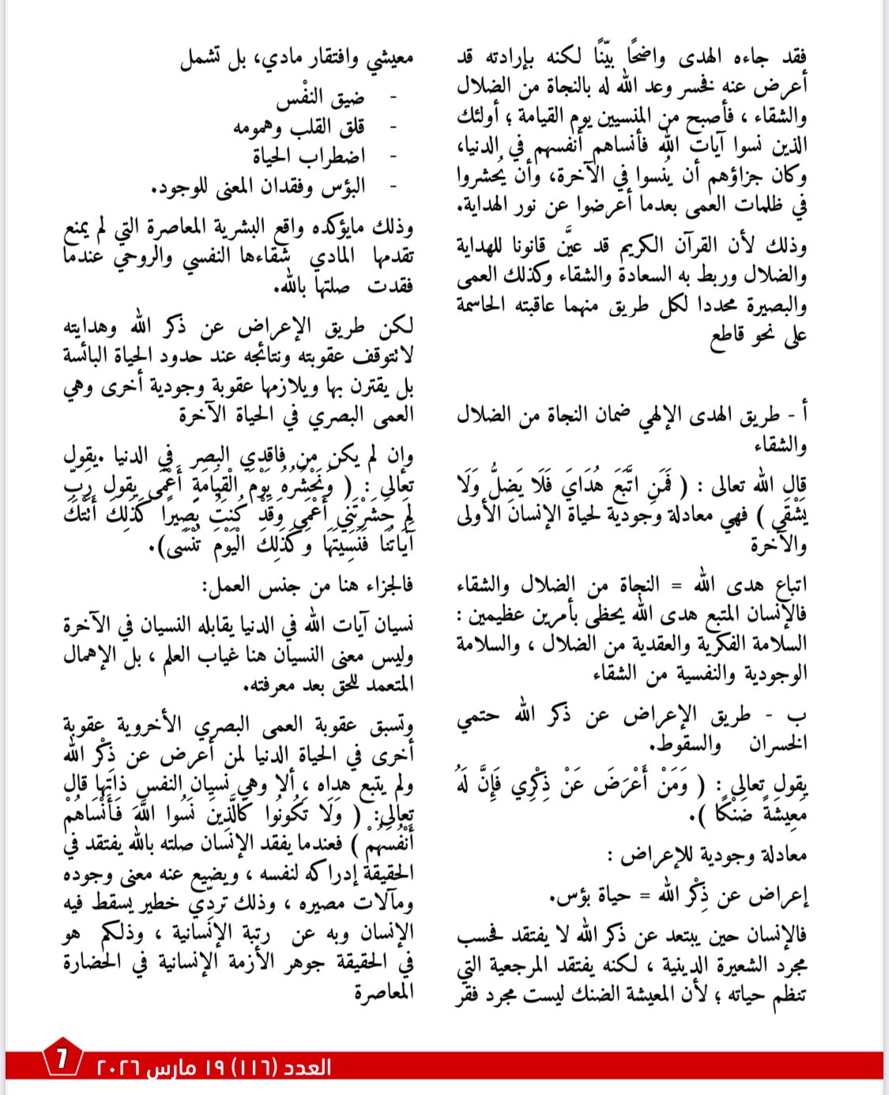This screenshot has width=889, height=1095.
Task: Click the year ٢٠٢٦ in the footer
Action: pyautogui.click(x=119, y=1067)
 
